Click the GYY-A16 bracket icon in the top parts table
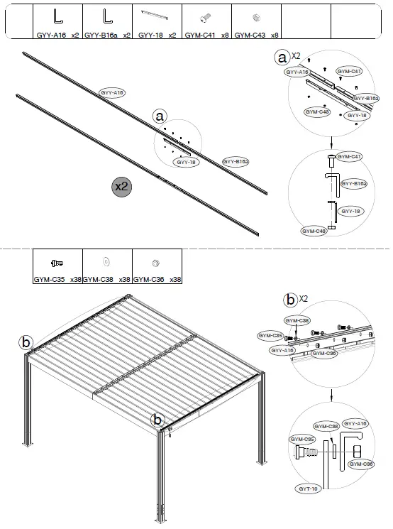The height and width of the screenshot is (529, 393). pyautogui.click(x=57, y=16)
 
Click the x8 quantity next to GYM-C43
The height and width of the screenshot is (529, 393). pyautogui.click(x=274, y=34)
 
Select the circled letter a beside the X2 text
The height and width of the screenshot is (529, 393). pyautogui.click(x=284, y=57)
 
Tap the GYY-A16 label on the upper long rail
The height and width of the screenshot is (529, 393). pyautogui.click(x=112, y=93)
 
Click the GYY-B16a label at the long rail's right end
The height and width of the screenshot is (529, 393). pyautogui.click(x=236, y=162)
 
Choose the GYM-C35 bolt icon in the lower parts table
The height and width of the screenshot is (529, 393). pyautogui.click(x=57, y=262)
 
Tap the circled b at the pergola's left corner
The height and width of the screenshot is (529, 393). pyautogui.click(x=26, y=342)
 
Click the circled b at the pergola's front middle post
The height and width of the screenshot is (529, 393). pyautogui.click(x=157, y=419)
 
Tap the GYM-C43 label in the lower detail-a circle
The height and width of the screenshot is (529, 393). pyautogui.click(x=313, y=231)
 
